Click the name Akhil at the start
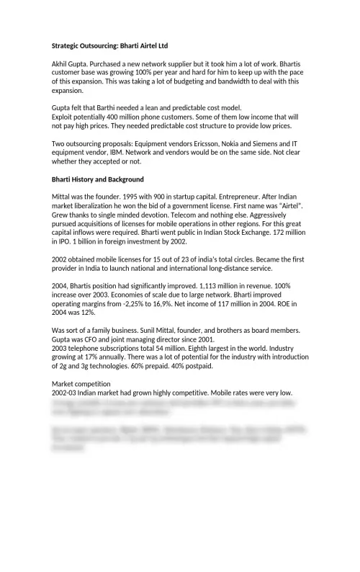coord(61,64)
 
